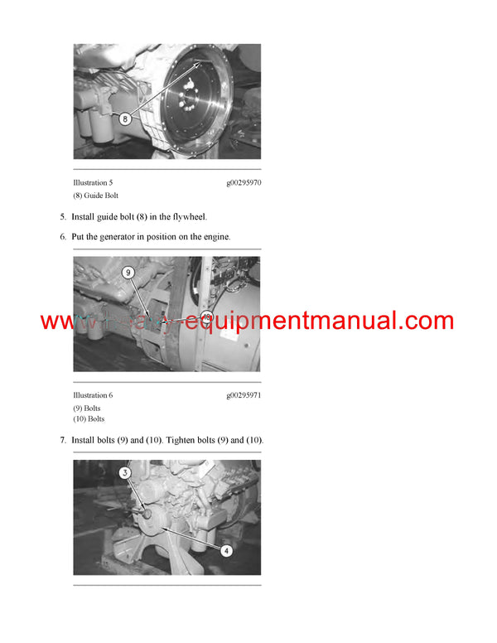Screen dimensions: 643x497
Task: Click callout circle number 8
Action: tap(125, 118)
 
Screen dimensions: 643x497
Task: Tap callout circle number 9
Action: tap(128, 272)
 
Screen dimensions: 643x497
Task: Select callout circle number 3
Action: tap(125, 473)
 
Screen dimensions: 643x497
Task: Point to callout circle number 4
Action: tap(226, 549)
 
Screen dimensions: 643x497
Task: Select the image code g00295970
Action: tap(244, 182)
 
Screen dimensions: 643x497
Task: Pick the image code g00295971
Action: tap(244, 395)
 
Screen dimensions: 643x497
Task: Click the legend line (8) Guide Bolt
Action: tap(96, 196)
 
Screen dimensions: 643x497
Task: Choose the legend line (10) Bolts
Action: tap(89, 419)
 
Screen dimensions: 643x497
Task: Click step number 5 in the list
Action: tap(62, 217)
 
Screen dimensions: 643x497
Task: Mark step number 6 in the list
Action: tap(62, 236)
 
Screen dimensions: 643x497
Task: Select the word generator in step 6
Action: tap(115, 236)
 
